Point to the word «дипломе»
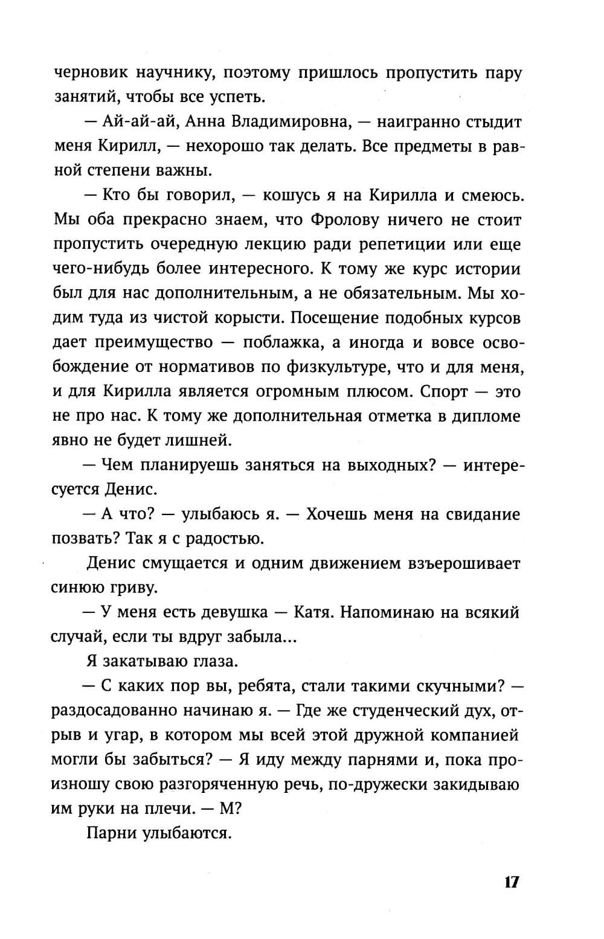tap(486, 416)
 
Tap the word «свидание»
tap(483, 514)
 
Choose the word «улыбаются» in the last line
tap(187, 833)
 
